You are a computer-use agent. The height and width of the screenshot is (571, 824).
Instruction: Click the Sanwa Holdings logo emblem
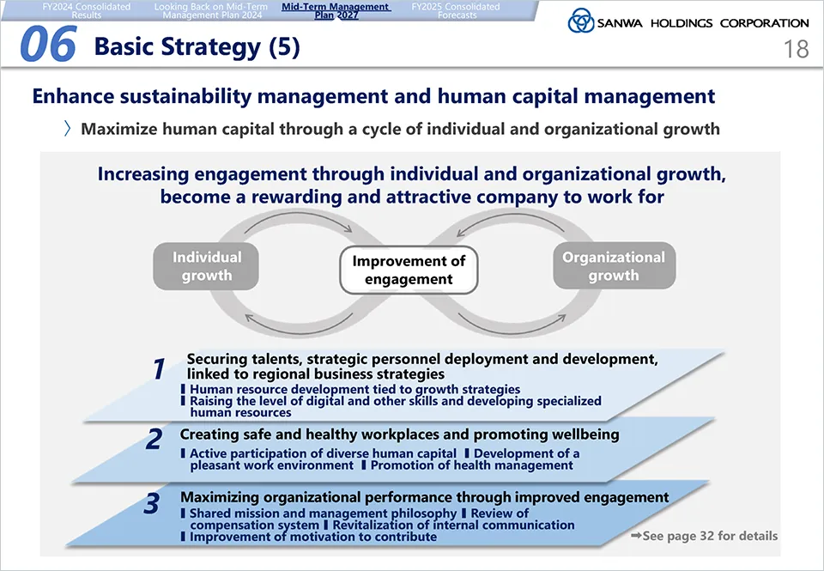581,21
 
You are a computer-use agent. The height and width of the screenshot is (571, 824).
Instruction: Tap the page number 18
796,50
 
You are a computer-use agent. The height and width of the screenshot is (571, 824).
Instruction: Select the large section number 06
48,44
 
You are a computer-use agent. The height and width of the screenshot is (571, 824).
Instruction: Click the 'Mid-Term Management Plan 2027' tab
336,11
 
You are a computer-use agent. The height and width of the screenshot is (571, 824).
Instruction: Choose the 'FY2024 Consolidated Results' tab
87,11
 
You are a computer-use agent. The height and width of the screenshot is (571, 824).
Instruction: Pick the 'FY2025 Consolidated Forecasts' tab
456,11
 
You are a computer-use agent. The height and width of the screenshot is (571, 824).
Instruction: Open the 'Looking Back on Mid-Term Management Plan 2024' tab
211,11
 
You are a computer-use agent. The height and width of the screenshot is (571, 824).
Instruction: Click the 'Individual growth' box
207,266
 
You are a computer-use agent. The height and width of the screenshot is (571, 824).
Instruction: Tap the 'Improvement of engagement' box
409,270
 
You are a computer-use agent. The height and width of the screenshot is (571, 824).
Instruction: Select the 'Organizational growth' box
614,265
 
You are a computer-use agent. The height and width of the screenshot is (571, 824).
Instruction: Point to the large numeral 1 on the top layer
159,368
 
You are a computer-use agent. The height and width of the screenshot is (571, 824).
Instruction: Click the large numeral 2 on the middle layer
154,439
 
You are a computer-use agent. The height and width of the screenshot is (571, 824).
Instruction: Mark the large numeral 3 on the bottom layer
151,503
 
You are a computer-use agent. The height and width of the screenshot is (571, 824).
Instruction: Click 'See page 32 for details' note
704,536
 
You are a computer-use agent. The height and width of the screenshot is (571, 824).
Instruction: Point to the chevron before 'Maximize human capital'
67,129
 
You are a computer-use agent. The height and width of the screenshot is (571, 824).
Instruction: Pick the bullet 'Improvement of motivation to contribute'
309,537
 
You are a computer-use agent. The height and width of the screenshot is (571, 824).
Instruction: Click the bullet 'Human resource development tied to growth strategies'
350,389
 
